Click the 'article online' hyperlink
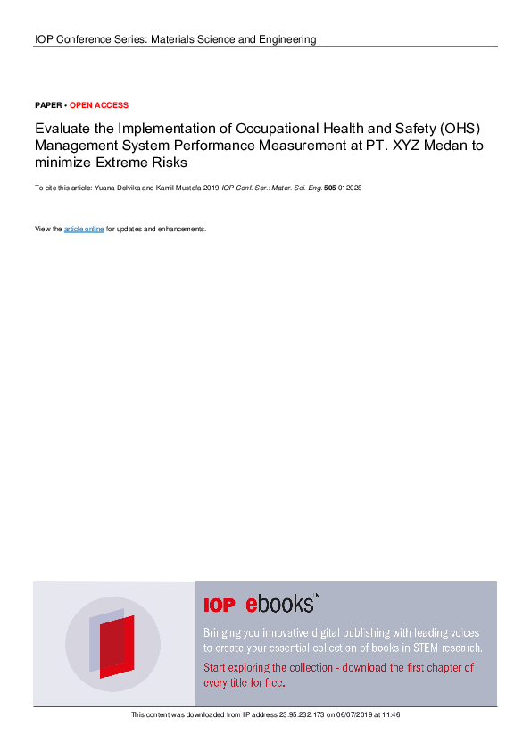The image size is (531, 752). click(x=84, y=230)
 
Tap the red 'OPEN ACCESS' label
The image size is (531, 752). click(x=99, y=105)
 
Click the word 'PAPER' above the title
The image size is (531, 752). click(x=48, y=105)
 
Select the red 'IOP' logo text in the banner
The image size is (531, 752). click(x=219, y=606)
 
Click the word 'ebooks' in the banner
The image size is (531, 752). click(x=279, y=604)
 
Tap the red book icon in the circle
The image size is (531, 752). click(x=116, y=645)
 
